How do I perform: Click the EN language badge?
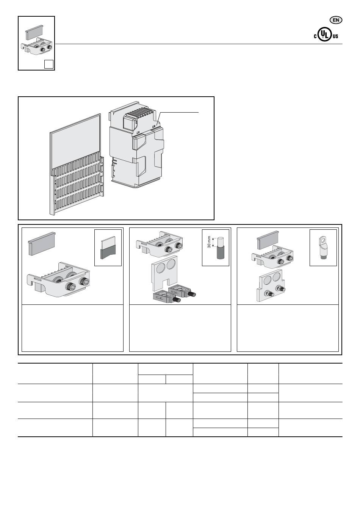pyautogui.click(x=336, y=20)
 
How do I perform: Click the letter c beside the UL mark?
pyautogui.click(x=315, y=36)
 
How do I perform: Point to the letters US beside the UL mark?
pyautogui.click(x=335, y=36)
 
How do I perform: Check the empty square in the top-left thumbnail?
pyautogui.click(x=49, y=64)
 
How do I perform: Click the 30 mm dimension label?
pyautogui.click(x=209, y=242)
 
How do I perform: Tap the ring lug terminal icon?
pyautogui.click(x=323, y=248)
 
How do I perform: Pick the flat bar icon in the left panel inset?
pyautogui.click(x=108, y=248)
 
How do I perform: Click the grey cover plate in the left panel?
pyautogui.click(x=42, y=243)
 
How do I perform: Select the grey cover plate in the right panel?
pyautogui.click(x=268, y=240)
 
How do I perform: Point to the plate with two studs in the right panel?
pyautogui.click(x=271, y=285)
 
